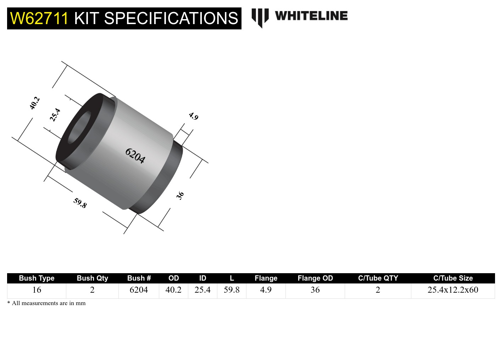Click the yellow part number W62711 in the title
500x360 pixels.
39,18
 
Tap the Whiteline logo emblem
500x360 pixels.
260,17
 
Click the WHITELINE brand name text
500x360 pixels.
311,16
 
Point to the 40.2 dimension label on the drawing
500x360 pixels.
34,103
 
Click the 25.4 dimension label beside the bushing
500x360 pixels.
55,115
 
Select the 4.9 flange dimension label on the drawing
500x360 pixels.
193,116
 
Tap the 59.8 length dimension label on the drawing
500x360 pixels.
80,203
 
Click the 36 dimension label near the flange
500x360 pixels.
180,195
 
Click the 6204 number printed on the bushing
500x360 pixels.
135,156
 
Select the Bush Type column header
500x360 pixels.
37,278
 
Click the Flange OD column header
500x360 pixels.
315,278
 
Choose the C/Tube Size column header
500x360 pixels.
453,278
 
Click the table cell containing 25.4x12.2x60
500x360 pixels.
453,290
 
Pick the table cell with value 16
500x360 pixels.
37,290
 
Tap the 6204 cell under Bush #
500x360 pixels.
139,290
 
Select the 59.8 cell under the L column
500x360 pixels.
232,290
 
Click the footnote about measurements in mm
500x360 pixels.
46,303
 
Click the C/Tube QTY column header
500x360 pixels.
378,278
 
